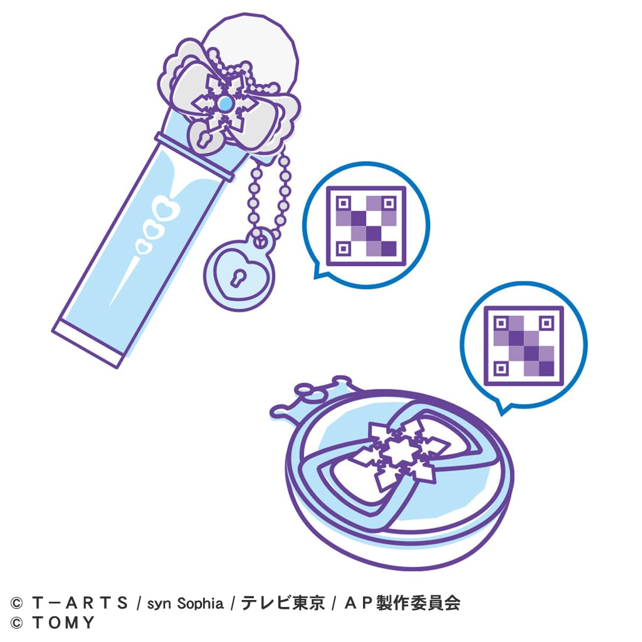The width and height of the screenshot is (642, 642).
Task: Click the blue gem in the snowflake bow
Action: pos(225,104)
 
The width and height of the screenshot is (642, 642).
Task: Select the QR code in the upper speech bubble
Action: pos(366,226)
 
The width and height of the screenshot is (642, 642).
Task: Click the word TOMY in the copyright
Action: pos(64,623)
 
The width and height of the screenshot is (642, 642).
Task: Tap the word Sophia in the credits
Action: pos(200,603)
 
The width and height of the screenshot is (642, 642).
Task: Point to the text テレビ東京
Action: pos(282,603)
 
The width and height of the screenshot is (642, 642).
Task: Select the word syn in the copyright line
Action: pos(159,604)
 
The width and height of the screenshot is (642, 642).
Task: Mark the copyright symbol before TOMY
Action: pos(16,623)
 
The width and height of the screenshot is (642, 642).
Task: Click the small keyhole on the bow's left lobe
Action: pos(202,140)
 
